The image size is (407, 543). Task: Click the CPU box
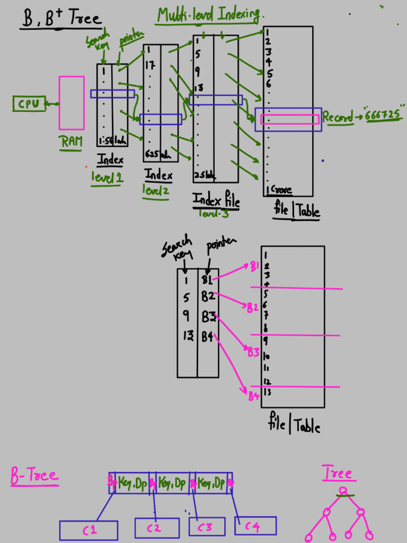[x=29, y=104]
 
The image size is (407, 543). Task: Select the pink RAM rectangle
[x=72, y=103]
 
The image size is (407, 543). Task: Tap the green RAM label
[x=71, y=142]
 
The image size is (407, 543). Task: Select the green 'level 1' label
[x=107, y=178]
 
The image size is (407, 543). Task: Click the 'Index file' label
[x=216, y=200]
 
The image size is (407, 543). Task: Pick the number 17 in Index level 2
[x=150, y=67]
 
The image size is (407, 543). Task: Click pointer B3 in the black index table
[x=208, y=317]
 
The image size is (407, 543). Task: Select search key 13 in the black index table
[x=187, y=336]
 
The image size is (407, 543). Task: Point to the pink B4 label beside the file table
[x=254, y=396]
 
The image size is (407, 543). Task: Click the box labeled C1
[x=89, y=530]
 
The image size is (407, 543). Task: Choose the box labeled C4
[x=255, y=526]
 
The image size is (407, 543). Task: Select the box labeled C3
[x=207, y=527]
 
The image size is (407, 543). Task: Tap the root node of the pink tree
[x=343, y=491]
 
